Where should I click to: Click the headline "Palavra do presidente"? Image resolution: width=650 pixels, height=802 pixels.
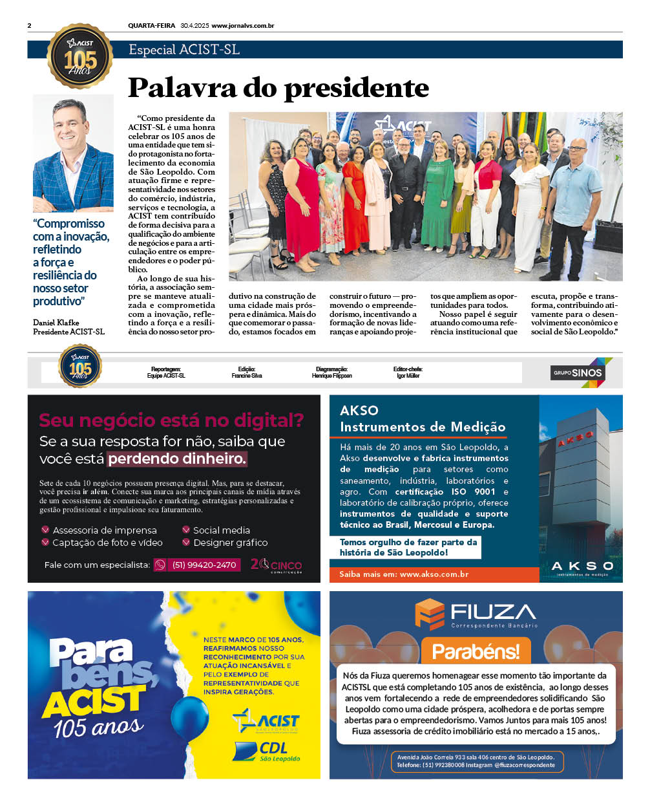278,88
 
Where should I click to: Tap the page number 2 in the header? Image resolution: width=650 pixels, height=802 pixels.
30,26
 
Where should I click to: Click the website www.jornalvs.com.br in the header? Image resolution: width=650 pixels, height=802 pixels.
242,26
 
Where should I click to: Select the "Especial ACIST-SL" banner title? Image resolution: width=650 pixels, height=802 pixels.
184,50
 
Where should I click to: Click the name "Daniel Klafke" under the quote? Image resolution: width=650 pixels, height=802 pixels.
56,322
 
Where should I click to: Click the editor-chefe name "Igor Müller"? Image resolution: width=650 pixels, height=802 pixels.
408,376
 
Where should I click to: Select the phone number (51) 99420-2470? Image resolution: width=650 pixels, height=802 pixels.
204,565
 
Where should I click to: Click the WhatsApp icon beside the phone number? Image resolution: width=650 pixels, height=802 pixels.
160,565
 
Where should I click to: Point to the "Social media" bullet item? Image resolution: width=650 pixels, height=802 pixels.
221,530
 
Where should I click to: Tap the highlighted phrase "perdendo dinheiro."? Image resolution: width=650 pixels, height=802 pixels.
177,459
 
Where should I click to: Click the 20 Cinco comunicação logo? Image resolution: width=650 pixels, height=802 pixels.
276,565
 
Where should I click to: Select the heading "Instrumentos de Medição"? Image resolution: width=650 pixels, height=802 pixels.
423,427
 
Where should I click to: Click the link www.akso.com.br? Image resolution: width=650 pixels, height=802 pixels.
434,574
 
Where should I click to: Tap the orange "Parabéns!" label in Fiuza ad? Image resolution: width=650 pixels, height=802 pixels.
476,651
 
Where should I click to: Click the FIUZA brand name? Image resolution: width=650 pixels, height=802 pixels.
492,612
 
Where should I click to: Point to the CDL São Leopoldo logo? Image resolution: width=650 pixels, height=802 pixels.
267,752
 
